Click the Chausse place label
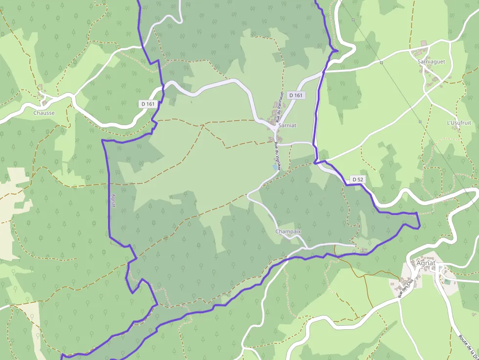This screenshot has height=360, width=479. (x=44, y=113)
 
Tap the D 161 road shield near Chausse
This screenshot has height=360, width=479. (x=147, y=104)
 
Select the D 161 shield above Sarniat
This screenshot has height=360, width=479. (x=296, y=95)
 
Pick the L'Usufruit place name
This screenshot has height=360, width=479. (x=459, y=123)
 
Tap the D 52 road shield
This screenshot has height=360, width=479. (x=358, y=180)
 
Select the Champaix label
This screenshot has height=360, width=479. (x=288, y=231)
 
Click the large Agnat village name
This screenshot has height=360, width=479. (x=427, y=263)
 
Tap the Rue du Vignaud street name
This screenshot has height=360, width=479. (x=277, y=155)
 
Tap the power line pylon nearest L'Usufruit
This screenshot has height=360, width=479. (x=420, y=121)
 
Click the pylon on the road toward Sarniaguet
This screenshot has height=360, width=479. (x=381, y=63)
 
